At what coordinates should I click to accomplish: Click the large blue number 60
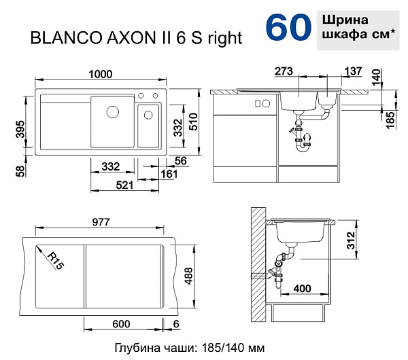pyautogui.click(x=288, y=27)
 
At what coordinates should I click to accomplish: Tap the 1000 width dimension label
pyautogui.click(x=101, y=74)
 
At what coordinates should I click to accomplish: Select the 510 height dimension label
pyautogui.click(x=194, y=122)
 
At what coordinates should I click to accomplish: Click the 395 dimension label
pyautogui.click(x=20, y=129)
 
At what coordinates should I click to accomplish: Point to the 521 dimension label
pyautogui.click(x=124, y=185)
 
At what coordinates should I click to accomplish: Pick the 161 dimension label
pyautogui.click(x=169, y=174)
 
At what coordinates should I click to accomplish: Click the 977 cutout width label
pyautogui.click(x=101, y=222)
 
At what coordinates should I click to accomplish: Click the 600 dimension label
pyautogui.click(x=121, y=324)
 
